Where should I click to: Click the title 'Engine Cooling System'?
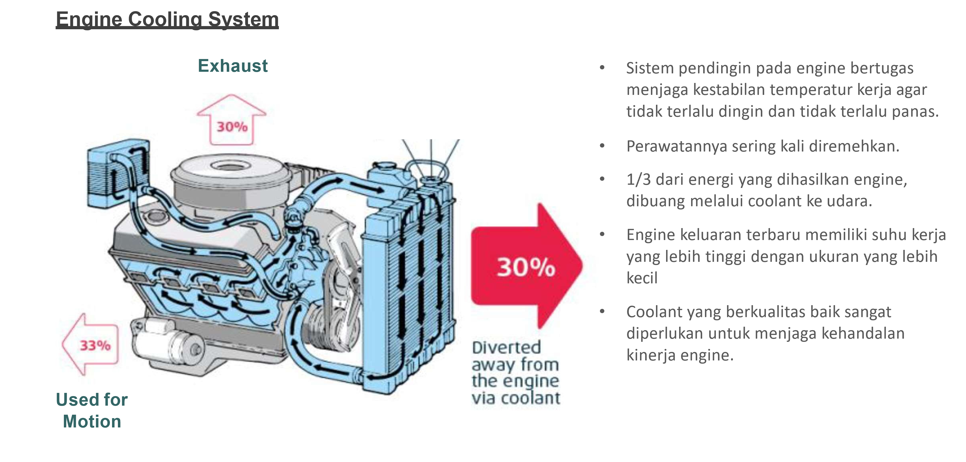(167, 19)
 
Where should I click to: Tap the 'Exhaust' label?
(233, 66)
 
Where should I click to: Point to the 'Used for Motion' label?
(92, 410)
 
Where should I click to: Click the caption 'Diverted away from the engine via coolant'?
(516, 373)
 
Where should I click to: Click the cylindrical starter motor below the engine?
(169, 343)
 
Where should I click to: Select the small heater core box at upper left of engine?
(118, 174)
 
